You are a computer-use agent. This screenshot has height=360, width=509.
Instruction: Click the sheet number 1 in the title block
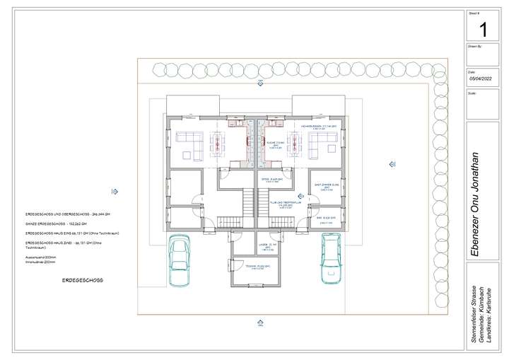[x=484, y=30]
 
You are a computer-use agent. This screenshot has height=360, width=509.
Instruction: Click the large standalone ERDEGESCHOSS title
[x=83, y=280]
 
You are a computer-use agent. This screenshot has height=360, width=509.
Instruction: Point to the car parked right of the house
[x=331, y=259]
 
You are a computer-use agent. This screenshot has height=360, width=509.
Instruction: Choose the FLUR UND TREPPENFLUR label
[x=281, y=205]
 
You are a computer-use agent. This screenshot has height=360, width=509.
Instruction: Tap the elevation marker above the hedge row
[x=261, y=83]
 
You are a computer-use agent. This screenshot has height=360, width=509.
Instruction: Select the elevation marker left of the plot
[x=115, y=191]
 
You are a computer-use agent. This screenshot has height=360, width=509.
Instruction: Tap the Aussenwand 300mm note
[x=42, y=257]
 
